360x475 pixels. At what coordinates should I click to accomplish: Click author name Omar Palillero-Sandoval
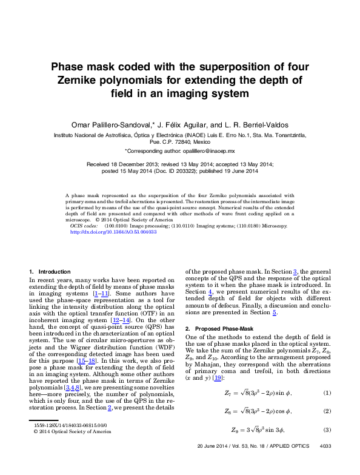tap(113, 124)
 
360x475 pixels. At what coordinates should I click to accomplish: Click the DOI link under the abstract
tap(114, 232)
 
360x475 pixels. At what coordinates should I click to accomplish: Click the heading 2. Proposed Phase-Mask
tap(219, 328)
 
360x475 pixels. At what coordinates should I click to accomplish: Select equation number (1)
tap(327, 376)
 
